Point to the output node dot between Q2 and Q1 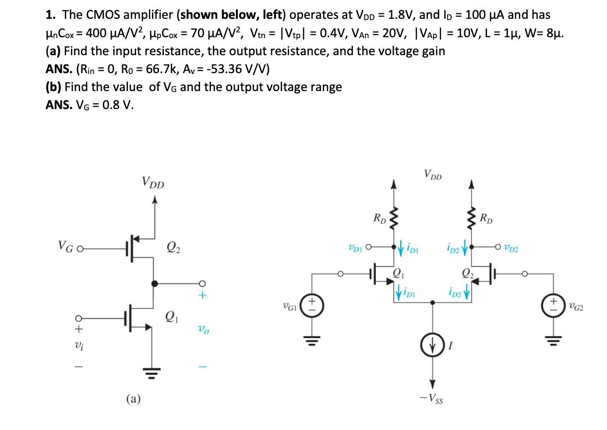pyautogui.click(x=154, y=283)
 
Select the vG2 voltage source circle pyautogui.click(x=554, y=305)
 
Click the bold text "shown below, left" pyautogui.click(x=230, y=15)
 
